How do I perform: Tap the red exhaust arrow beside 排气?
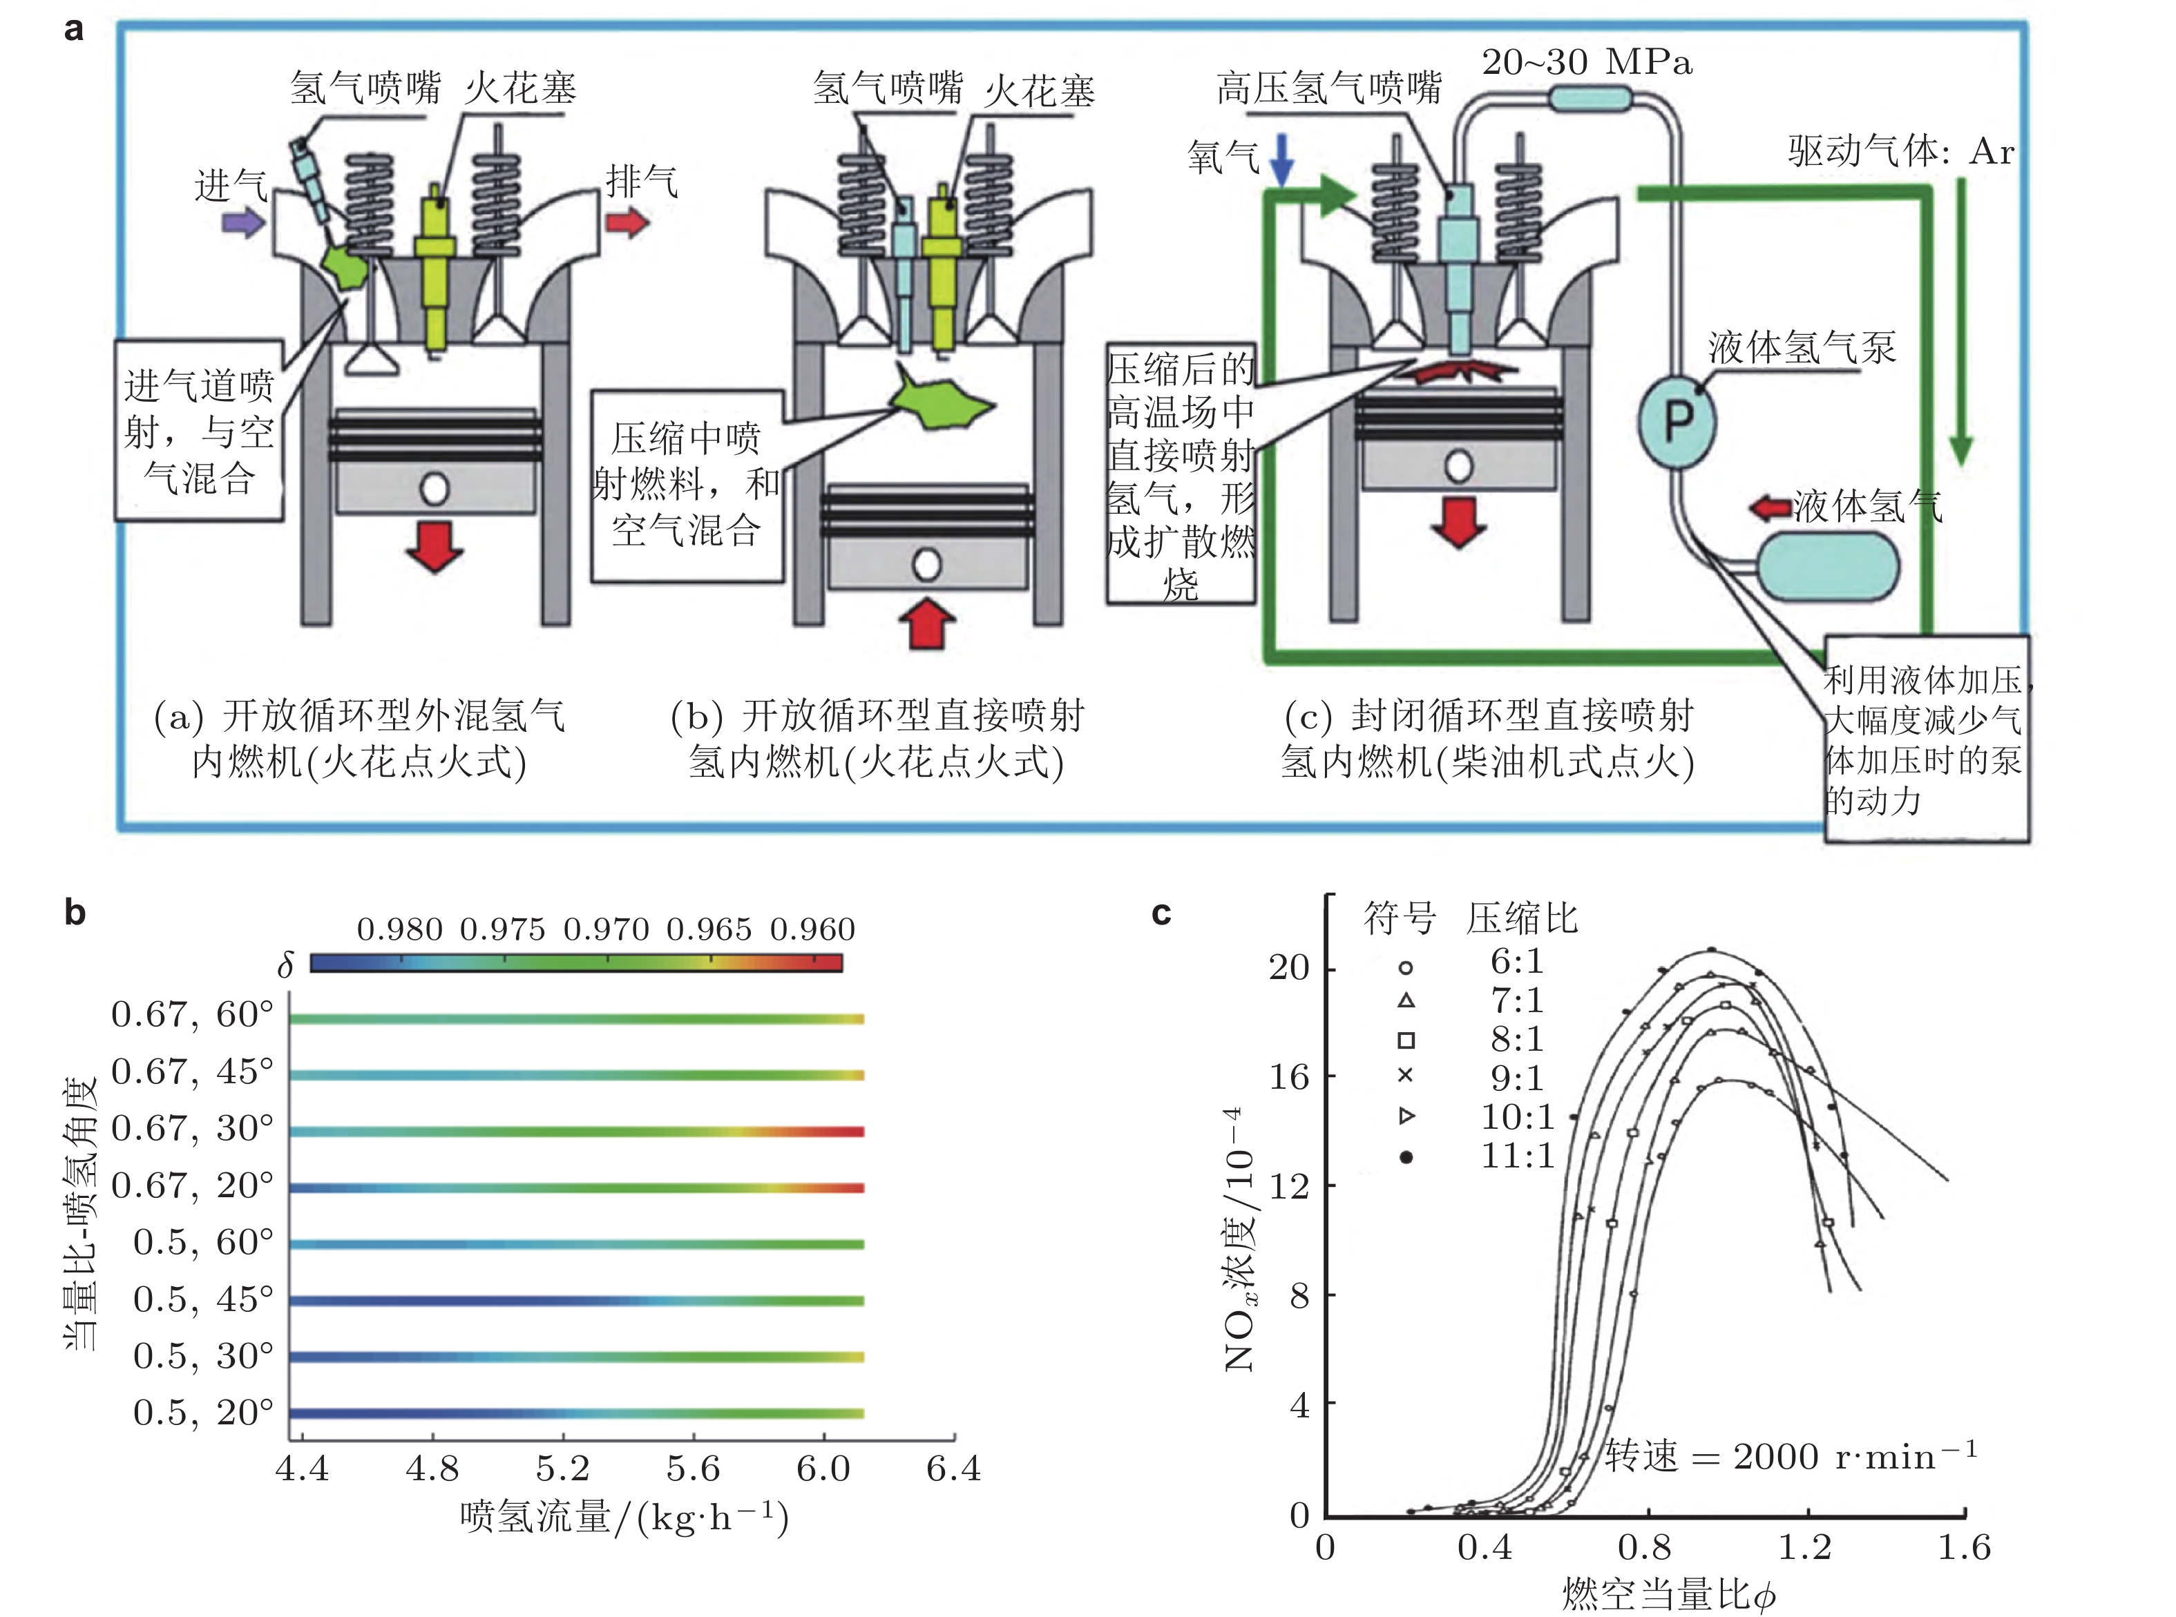(627, 222)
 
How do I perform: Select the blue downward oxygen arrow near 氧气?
(1281, 160)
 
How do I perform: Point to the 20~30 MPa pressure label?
(1587, 63)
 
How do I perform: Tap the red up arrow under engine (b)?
(926, 623)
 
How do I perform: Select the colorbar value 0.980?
(399, 929)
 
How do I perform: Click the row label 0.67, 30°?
(192, 1129)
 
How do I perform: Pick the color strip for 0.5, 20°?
(576, 1413)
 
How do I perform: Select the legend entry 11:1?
(1517, 1156)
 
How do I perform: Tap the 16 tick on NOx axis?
(1289, 1076)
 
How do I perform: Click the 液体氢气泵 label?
(1801, 347)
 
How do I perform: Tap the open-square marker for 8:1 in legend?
(1406, 1040)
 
